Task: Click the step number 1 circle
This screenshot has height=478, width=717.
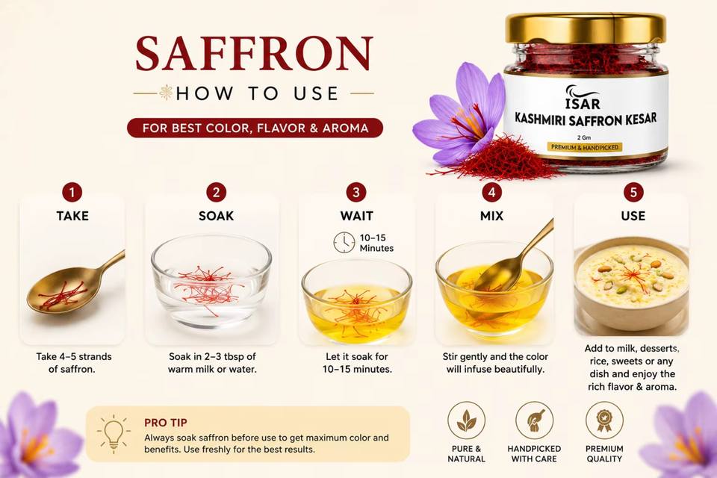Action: (72, 192)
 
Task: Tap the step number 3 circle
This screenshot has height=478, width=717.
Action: (356, 192)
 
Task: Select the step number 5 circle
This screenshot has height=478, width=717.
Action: (633, 192)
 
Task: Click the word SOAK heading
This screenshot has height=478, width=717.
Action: (217, 216)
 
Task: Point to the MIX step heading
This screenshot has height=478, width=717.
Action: (492, 216)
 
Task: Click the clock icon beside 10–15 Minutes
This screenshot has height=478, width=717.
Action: (344, 243)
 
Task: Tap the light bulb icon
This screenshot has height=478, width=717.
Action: (114, 434)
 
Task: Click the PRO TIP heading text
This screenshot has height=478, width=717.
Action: (166, 423)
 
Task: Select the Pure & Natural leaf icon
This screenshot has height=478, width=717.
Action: (466, 420)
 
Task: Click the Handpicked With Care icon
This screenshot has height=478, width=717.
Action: (534, 420)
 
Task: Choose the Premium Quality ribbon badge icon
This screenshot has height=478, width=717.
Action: (604, 420)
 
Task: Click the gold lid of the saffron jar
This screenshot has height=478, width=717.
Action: (586, 28)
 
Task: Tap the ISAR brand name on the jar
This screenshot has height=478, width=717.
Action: (583, 104)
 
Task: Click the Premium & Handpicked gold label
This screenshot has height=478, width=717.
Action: (585, 147)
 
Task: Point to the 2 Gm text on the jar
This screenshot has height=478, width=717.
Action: (584, 137)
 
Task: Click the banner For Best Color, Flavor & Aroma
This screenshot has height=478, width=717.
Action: (255, 128)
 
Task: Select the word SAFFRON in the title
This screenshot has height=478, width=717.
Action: (255, 53)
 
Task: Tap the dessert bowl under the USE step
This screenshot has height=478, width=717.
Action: (631, 285)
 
